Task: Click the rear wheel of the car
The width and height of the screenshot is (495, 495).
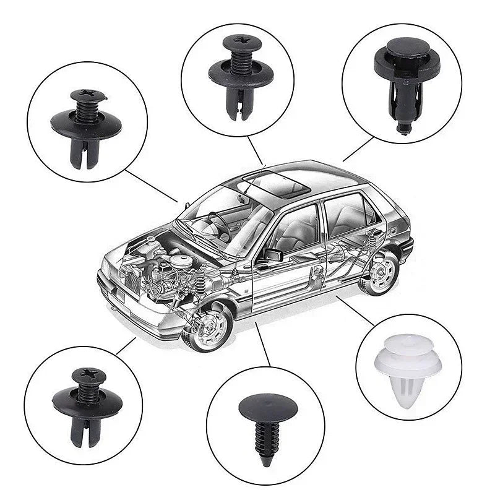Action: point(380,272)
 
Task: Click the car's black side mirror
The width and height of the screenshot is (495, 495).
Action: point(273,254)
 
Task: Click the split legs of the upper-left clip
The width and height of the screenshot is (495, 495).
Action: point(85,157)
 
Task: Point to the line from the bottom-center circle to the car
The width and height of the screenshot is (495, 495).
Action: point(263,343)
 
